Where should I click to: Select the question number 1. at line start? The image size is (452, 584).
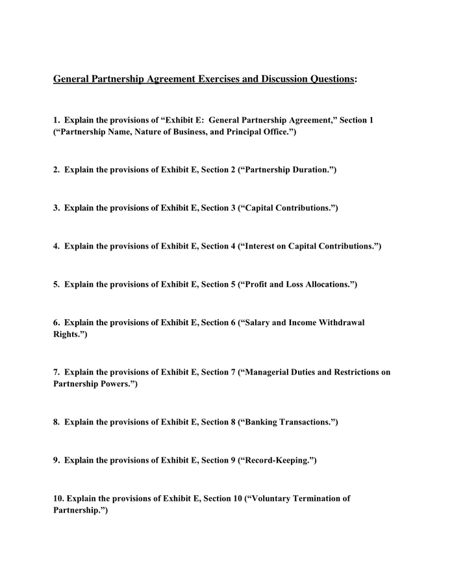point(56,120)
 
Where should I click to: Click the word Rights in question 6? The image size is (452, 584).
point(66,334)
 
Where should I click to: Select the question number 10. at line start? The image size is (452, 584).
point(58,498)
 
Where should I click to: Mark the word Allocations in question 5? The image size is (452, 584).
point(324,284)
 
